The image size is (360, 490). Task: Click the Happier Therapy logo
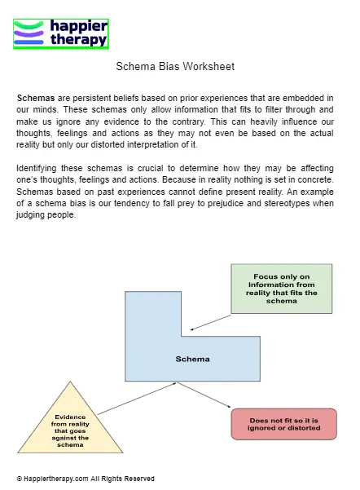(x=61, y=33)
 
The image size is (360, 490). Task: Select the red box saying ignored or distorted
(x=283, y=423)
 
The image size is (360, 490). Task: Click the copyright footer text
(x=86, y=479)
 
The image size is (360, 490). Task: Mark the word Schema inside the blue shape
(x=193, y=359)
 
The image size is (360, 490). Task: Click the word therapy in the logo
(x=78, y=40)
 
